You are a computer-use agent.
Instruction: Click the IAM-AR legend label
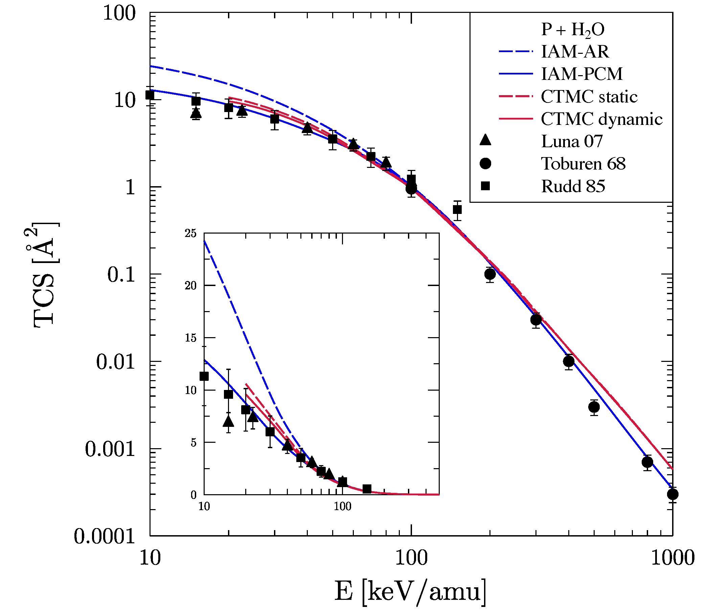575,52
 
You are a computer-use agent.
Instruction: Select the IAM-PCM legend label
581,74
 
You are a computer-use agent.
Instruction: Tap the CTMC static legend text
589,97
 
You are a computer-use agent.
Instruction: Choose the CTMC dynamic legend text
601,119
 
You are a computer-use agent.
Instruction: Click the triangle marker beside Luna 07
485,140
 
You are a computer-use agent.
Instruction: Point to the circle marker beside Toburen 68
485,163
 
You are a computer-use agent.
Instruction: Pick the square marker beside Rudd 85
485,186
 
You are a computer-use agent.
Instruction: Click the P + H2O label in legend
573,30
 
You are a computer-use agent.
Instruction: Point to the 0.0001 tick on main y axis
105,537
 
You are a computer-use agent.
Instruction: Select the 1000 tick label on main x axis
672,558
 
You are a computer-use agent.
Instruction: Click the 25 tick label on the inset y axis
190,234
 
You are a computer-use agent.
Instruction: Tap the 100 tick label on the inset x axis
342,506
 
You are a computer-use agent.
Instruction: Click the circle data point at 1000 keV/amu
673,495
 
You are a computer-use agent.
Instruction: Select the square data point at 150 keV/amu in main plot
457,210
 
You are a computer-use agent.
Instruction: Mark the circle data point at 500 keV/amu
594,407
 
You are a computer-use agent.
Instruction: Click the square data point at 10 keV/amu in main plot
150,95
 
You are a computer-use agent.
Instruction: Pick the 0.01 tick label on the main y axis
115,362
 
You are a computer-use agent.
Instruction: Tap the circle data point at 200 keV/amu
490,274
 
